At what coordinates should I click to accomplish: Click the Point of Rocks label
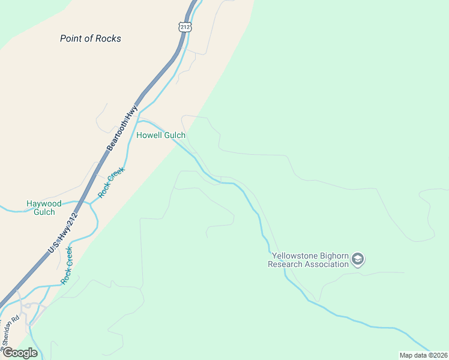91,38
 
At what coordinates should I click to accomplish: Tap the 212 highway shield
185,26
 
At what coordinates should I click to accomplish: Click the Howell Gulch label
161,135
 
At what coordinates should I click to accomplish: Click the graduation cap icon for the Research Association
358,259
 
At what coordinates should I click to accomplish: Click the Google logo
20,353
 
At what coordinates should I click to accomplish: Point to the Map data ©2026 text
423,355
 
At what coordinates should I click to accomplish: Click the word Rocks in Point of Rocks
108,38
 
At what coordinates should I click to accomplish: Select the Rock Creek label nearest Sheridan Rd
68,265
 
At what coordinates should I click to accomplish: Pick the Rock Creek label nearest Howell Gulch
111,184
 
